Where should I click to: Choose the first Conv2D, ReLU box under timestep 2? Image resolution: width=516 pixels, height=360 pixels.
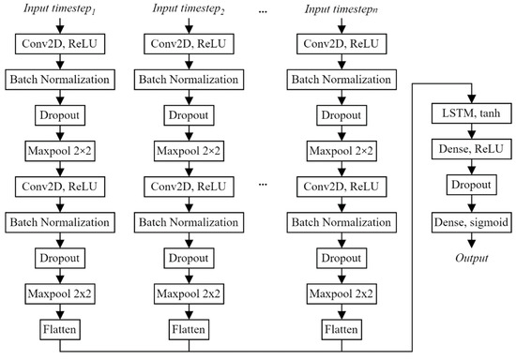[x=190, y=43]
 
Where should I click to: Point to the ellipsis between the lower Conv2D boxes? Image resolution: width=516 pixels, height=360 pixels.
[x=264, y=186]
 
